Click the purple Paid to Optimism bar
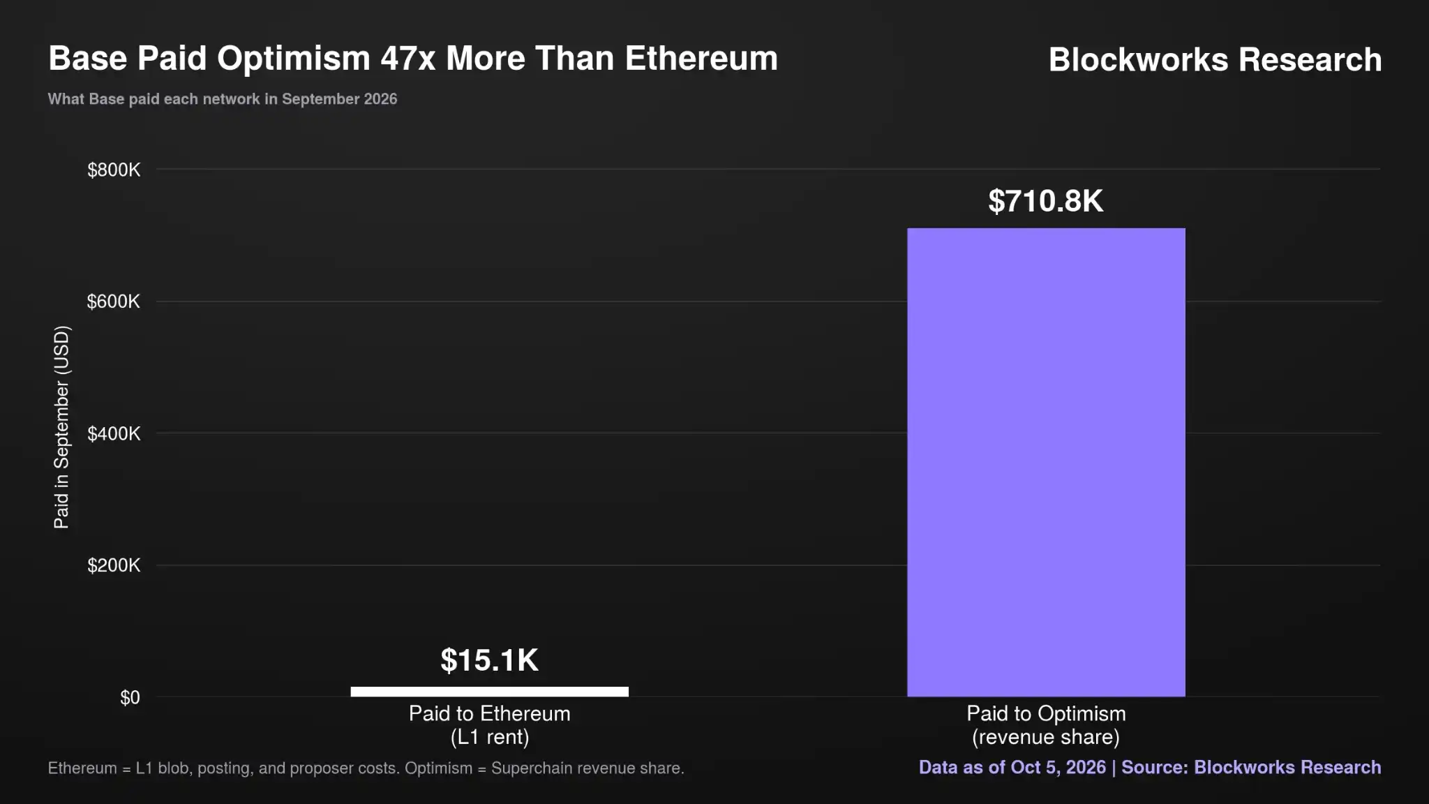tap(1046, 462)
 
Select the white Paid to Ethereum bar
tap(489, 692)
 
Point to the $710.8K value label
tap(1046, 201)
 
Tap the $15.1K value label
tap(489, 660)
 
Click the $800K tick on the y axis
tap(114, 170)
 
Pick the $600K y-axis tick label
tap(114, 301)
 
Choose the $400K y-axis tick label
tap(114, 433)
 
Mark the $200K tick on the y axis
tap(114, 565)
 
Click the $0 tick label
tap(130, 697)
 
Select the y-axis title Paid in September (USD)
tap(61, 427)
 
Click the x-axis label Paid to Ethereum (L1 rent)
tap(489, 725)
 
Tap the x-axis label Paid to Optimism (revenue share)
tap(1046, 725)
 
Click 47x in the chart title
tap(408, 58)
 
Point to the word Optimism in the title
tap(294, 59)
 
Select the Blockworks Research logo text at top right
tap(1215, 59)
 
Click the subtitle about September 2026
tap(223, 99)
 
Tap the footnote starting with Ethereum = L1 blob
tap(366, 768)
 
